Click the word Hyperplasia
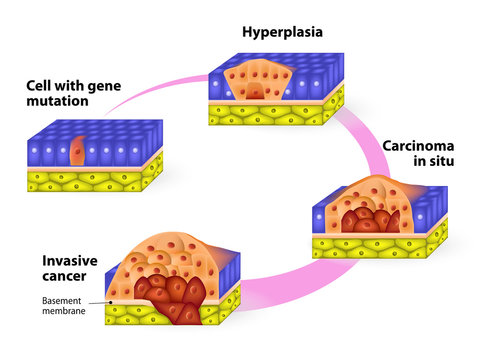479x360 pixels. (x=283, y=31)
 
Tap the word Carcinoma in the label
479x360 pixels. (x=415, y=146)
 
